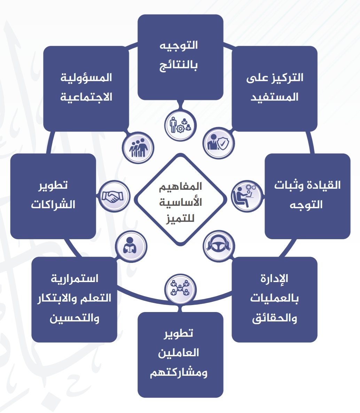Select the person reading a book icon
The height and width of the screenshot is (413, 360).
tap(131, 247)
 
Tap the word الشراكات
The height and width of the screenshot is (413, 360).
tap(53, 204)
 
